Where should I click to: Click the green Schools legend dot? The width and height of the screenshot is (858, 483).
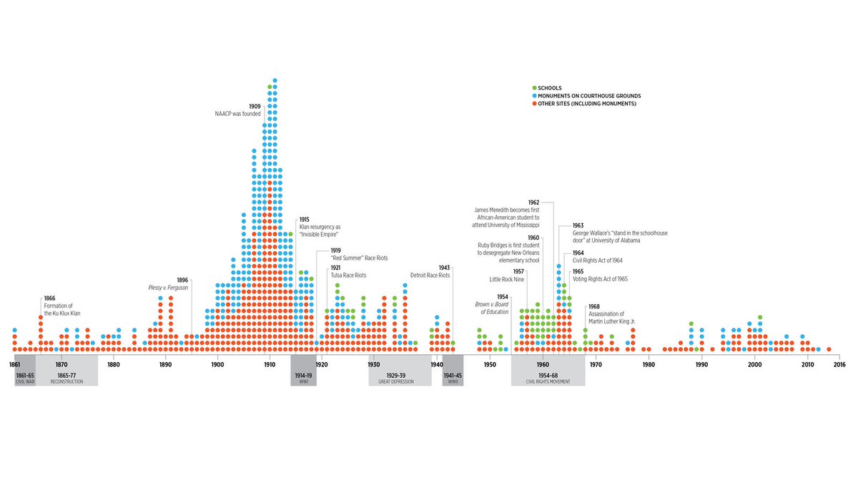tap(534, 88)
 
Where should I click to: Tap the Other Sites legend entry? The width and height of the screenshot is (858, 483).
tap(586, 104)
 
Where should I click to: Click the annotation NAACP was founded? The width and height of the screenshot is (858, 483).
tap(237, 114)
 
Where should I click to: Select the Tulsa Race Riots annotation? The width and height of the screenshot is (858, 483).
tap(347, 275)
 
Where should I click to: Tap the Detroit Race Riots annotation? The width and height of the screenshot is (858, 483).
tap(430, 275)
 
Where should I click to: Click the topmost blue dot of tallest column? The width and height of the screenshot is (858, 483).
tap(275, 80)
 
